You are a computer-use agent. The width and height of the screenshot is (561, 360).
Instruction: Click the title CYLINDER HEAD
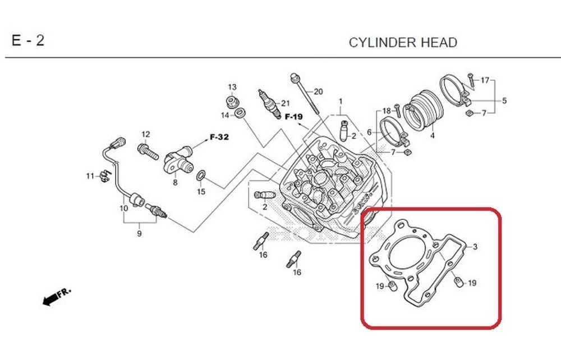point(403,43)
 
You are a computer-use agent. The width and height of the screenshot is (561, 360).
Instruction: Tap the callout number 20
point(318,91)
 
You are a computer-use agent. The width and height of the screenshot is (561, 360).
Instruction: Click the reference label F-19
point(293,117)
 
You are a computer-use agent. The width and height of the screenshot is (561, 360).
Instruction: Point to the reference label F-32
point(219,136)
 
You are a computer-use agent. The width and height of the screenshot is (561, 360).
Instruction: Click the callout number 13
point(232,87)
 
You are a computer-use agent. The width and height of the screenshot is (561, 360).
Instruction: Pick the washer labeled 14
point(240,114)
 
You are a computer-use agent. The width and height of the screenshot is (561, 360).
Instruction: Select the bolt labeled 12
point(145,150)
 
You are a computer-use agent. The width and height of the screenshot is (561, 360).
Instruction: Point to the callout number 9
point(139,234)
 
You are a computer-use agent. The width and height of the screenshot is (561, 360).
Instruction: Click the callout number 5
point(504,101)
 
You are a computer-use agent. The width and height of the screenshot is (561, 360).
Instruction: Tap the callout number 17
point(485,80)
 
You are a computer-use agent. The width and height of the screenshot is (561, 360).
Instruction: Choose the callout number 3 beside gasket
point(475,247)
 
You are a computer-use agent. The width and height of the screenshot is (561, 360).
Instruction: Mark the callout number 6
point(369,132)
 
